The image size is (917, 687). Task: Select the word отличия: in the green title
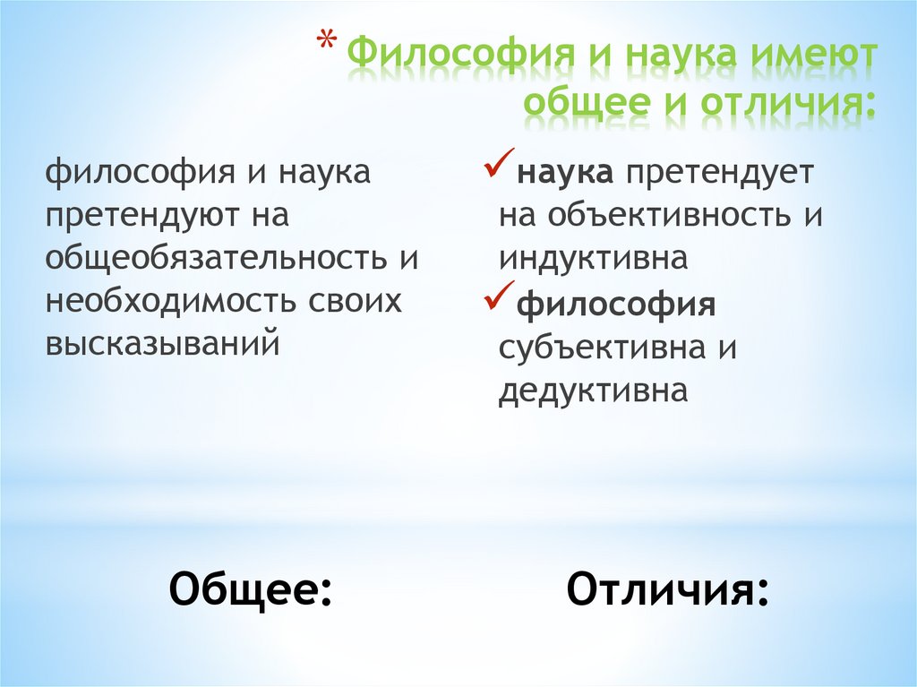[783, 104]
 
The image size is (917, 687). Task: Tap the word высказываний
[163, 344]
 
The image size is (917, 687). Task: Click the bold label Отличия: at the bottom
[667, 590]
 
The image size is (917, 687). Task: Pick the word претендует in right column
[719, 172]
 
